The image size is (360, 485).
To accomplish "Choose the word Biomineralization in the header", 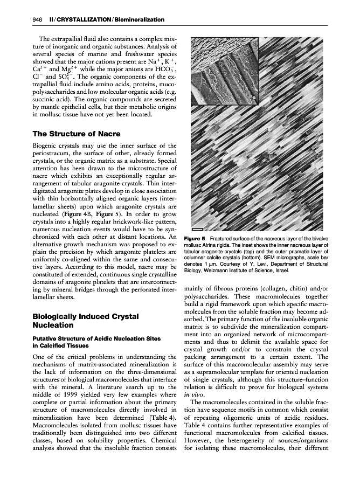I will tap(135, 20).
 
